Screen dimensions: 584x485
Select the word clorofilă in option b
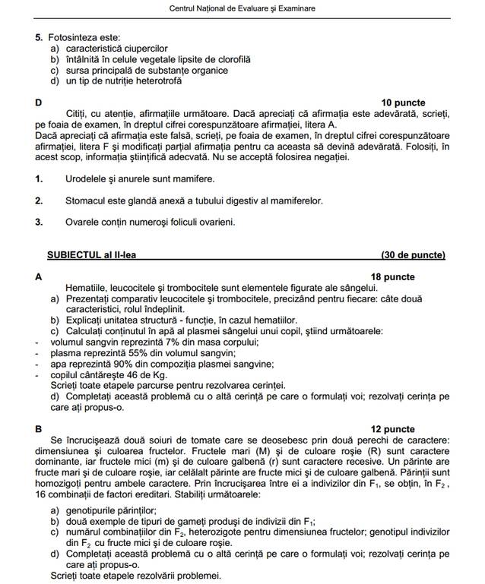click(x=230, y=58)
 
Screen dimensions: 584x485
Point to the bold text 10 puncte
click(x=403, y=103)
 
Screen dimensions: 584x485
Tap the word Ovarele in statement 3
click(x=83, y=223)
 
